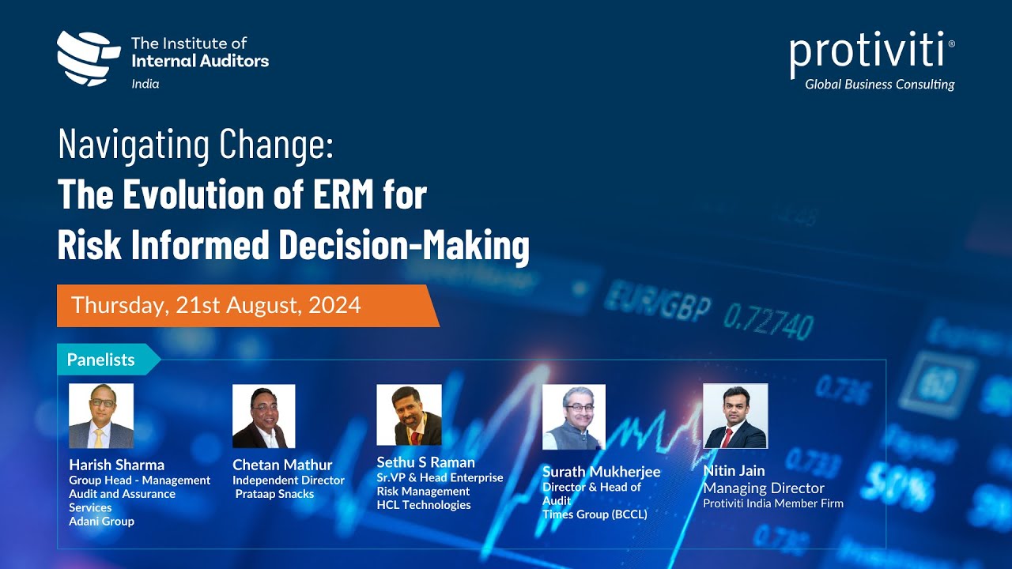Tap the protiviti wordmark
pos(867,51)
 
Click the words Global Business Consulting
pos(879,85)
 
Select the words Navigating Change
pos(196,145)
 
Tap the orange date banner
pos(245,306)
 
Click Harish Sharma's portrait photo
pos(101,416)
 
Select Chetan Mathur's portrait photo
pos(263,416)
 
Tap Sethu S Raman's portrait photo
pos(409,415)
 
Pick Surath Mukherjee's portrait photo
pos(573,416)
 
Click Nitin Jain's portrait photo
pos(735,416)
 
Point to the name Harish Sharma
pos(117,465)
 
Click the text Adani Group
pos(101,522)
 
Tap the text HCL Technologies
pos(424,505)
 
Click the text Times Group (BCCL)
pos(595,514)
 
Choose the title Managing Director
pos(764,488)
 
